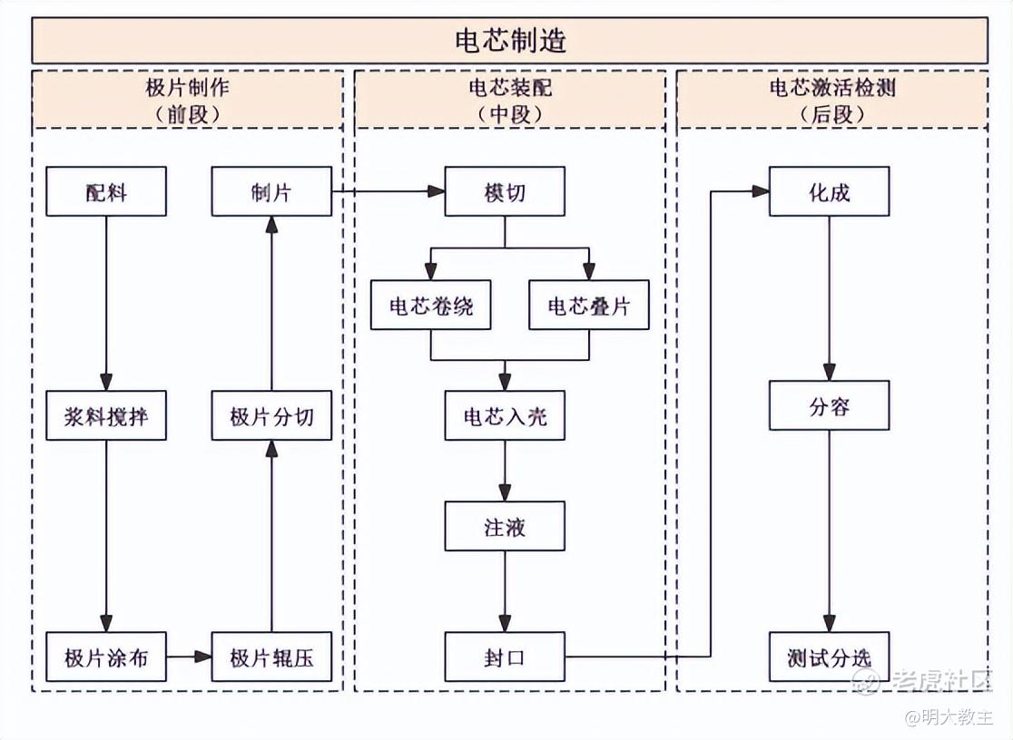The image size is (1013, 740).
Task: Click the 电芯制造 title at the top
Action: [x=510, y=41]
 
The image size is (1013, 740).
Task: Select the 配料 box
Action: [x=106, y=191]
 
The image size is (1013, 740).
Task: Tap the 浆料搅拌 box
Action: [x=106, y=416]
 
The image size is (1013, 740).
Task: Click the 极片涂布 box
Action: [x=106, y=657]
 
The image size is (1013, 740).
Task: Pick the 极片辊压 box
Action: [x=271, y=657]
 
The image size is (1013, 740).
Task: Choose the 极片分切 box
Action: [x=271, y=416]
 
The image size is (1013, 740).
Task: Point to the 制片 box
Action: [x=271, y=191]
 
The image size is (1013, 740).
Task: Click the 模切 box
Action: [x=505, y=191]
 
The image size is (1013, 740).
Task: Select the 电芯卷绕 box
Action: [x=431, y=306]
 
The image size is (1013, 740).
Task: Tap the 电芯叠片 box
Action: [x=589, y=306]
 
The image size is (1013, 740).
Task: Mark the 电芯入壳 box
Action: [x=505, y=416]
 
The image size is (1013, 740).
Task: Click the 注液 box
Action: [x=505, y=526]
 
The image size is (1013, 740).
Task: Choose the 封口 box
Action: [x=505, y=657]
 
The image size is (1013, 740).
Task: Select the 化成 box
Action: [x=829, y=191]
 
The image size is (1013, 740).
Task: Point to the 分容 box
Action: [x=829, y=405]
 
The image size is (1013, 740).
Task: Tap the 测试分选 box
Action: [x=829, y=657]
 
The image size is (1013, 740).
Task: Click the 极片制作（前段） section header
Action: [x=188, y=100]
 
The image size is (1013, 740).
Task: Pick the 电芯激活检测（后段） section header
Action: [x=832, y=100]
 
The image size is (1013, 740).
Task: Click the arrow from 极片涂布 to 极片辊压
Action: [x=189, y=657]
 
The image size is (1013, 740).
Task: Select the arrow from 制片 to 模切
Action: [x=388, y=191]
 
